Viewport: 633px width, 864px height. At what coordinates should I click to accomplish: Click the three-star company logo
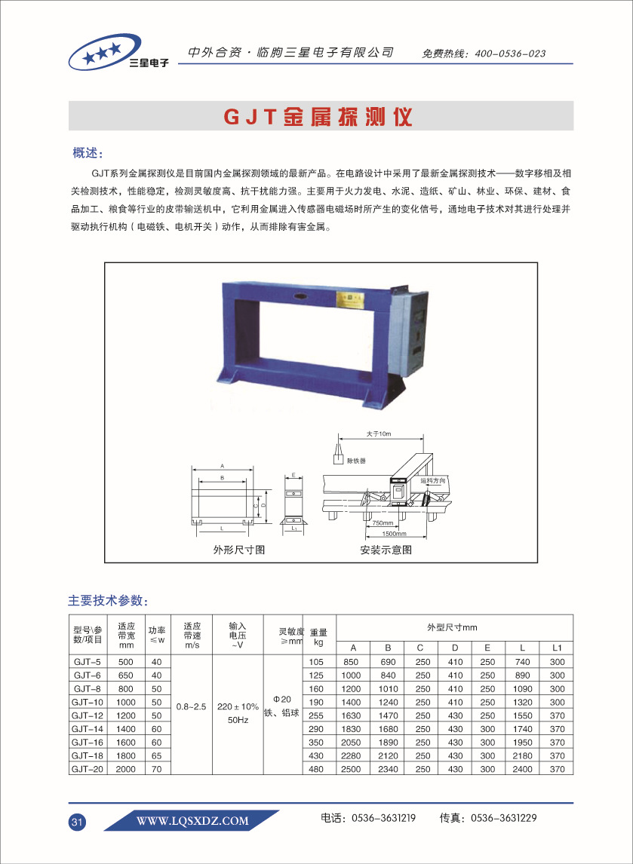[118, 54]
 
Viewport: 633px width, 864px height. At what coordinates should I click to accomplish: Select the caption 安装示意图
[386, 550]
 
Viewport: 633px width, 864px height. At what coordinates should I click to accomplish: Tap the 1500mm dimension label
[392, 533]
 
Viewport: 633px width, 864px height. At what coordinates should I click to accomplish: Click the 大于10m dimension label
[379, 434]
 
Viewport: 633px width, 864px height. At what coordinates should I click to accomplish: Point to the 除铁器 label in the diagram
[356, 460]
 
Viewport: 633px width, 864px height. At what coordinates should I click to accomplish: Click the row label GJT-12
[87, 715]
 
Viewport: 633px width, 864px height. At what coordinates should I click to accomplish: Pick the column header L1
[557, 648]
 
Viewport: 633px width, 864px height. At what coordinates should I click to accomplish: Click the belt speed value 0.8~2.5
[192, 706]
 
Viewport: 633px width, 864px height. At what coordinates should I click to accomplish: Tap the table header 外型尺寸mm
[452, 627]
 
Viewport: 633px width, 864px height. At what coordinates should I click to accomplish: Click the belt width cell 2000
[126, 770]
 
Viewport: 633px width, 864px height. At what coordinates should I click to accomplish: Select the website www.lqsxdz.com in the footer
[192, 821]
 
